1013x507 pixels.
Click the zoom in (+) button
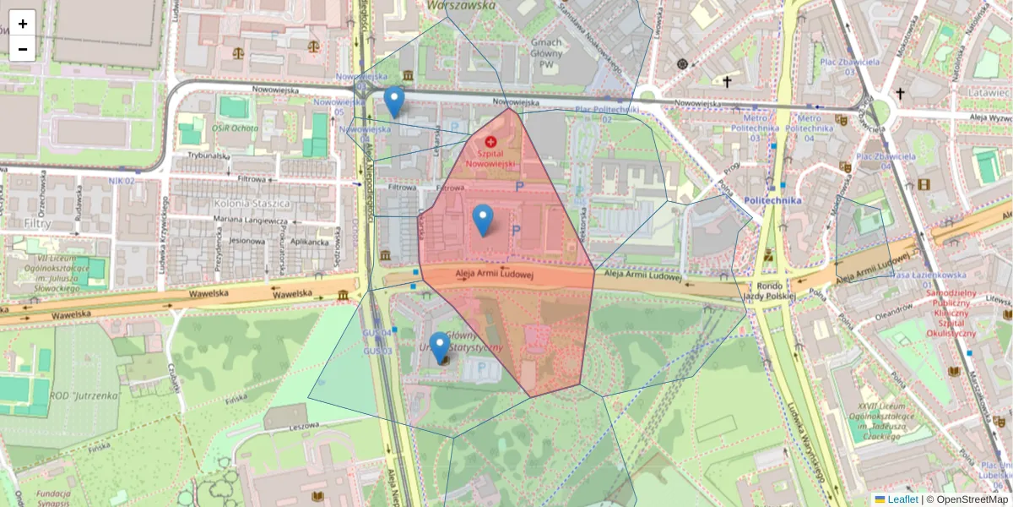(23, 23)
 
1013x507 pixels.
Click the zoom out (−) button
(23, 48)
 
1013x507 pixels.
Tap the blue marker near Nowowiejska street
(393, 101)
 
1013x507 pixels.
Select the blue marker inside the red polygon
(482, 220)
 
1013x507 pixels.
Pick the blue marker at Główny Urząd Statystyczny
(439, 347)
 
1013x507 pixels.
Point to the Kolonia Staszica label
(252, 204)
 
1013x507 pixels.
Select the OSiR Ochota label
(235, 128)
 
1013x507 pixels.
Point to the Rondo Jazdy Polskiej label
(765, 291)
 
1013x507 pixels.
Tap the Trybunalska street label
(209, 155)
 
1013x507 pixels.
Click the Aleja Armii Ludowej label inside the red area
(496, 274)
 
